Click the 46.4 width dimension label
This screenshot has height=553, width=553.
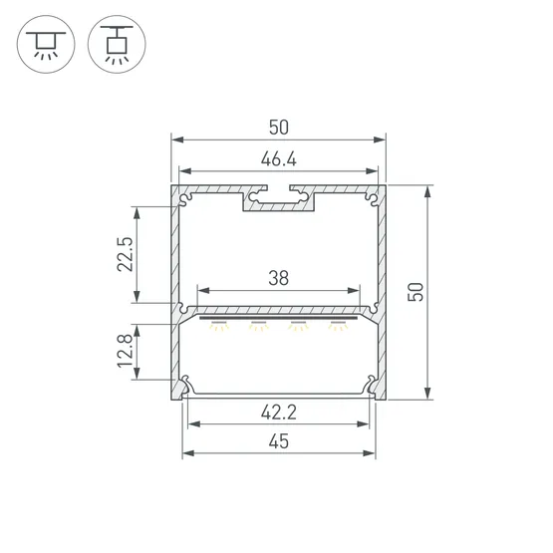click(279, 159)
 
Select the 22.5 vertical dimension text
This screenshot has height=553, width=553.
click(126, 254)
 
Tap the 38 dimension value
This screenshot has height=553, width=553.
click(279, 278)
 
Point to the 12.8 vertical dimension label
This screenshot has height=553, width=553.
click(126, 352)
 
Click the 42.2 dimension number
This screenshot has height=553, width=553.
click(279, 412)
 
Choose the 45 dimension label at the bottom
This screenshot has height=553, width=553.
click(279, 441)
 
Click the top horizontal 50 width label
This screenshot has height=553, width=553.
click(279, 128)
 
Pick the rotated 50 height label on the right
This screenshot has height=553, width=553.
click(415, 292)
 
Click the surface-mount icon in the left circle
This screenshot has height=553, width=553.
click(46, 45)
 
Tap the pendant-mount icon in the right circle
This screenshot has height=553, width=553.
click(117, 45)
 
